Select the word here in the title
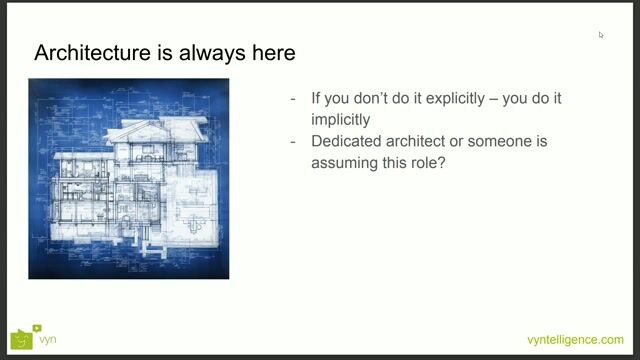(270, 53)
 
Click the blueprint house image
(128, 178)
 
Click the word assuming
(347, 159)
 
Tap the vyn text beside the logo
(47, 340)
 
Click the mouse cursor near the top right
(601, 35)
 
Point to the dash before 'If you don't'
(293, 98)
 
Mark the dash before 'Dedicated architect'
(293, 141)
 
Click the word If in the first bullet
(316, 98)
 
